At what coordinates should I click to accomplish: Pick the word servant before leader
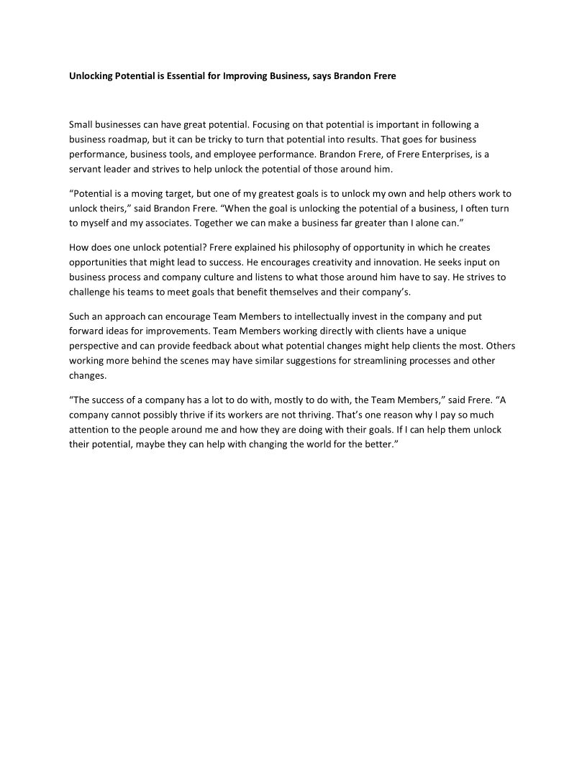(x=84, y=168)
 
